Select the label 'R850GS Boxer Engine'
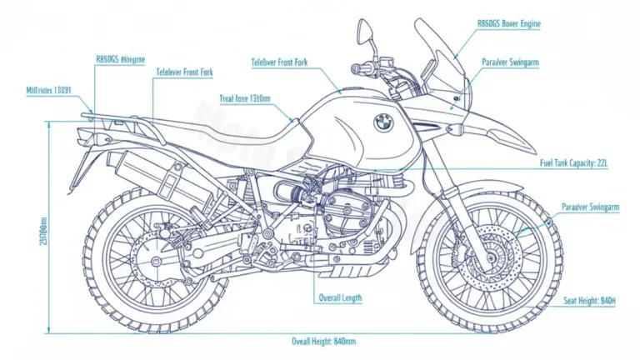click(x=508, y=24)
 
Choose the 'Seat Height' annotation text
click(x=589, y=300)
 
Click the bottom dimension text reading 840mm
click(x=323, y=342)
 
